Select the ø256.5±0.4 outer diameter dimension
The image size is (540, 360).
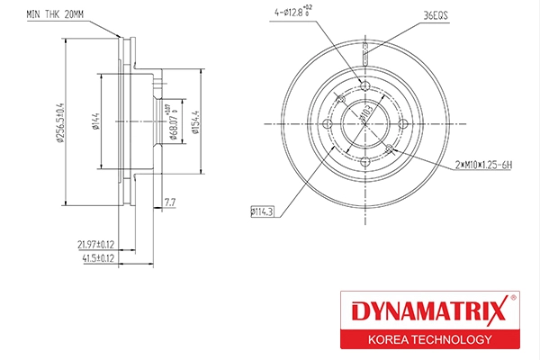coord(58,121)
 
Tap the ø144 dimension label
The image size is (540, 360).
coord(94,121)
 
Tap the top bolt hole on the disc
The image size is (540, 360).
coord(364,85)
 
